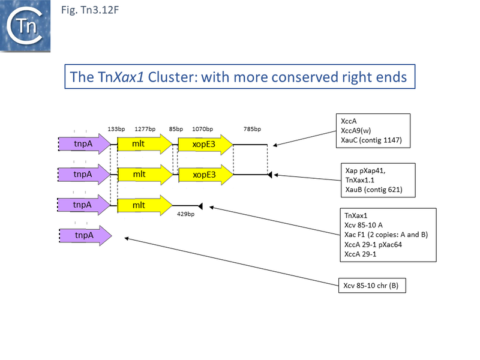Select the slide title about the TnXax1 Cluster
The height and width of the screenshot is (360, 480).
pyautogui.click(x=240, y=77)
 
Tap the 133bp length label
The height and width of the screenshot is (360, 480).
pyautogui.click(x=116, y=129)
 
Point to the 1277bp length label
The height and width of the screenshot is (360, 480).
pyautogui.click(x=145, y=129)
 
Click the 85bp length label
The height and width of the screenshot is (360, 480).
pyautogui.click(x=176, y=129)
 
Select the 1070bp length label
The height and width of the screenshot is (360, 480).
pyautogui.click(x=202, y=129)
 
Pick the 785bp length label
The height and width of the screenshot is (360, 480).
pyautogui.click(x=252, y=129)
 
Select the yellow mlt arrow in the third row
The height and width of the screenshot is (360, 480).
pyautogui.click(x=145, y=205)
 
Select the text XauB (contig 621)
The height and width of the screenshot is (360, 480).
pyautogui.click(x=374, y=190)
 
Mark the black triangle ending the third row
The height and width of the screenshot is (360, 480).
pyautogui.click(x=200, y=206)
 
